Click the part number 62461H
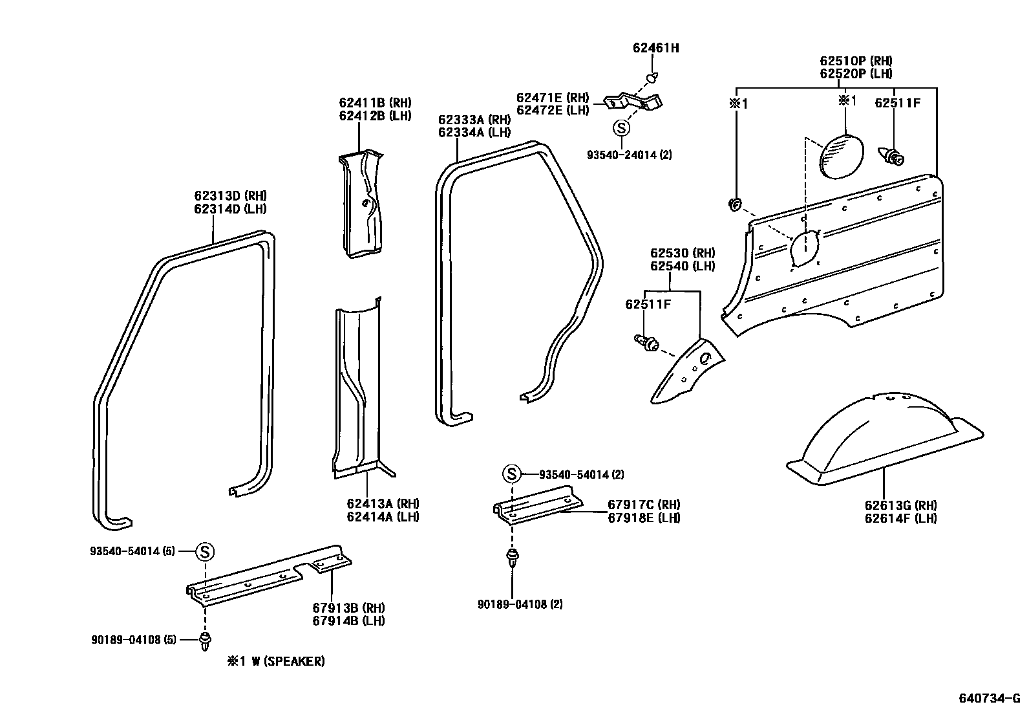[655, 48]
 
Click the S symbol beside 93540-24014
[621, 128]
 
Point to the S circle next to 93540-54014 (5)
[204, 552]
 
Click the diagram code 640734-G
[988, 698]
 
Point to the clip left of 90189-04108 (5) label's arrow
[206, 641]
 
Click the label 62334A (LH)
[474, 133]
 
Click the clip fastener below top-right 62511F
[894, 156]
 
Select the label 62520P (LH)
[856, 74]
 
